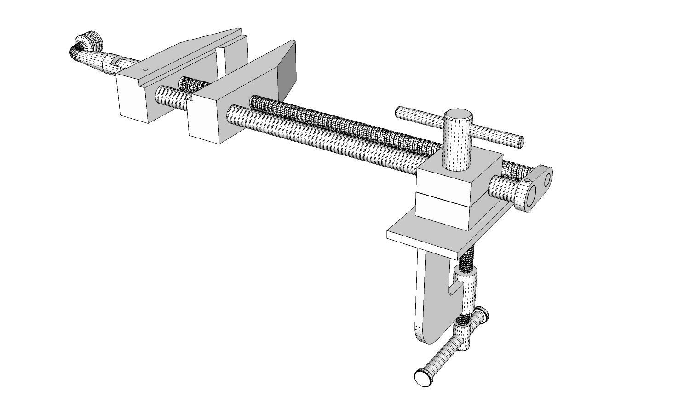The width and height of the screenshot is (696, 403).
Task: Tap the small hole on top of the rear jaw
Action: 145,70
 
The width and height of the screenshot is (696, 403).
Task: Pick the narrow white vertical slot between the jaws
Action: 221,60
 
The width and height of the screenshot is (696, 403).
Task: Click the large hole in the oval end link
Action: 532,193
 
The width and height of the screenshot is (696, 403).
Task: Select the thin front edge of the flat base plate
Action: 421,242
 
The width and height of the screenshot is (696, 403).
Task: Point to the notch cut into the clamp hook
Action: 454,289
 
